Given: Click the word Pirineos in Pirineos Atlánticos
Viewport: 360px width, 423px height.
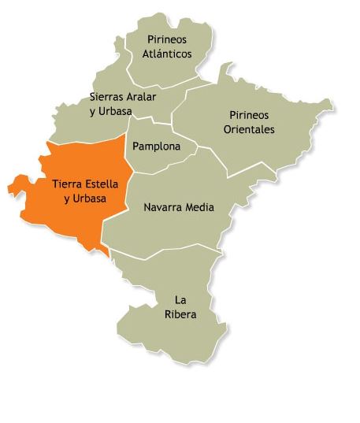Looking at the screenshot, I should [x=167, y=39].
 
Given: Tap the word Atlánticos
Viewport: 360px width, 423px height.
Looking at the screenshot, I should [x=167, y=54].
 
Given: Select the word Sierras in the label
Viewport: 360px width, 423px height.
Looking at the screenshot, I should [x=107, y=97].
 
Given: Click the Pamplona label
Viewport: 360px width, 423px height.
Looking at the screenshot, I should [x=156, y=147].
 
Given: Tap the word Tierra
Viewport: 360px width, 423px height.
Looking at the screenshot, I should [x=68, y=184].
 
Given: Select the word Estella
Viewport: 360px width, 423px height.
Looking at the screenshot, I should [x=102, y=184].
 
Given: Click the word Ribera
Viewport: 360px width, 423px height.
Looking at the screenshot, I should [x=181, y=315].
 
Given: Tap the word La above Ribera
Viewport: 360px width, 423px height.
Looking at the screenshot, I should [x=180, y=300].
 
